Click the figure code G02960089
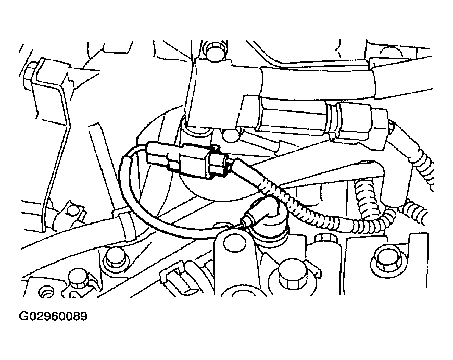(x=53, y=316)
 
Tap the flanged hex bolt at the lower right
(x=386, y=259)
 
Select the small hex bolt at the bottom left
(x=79, y=278)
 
